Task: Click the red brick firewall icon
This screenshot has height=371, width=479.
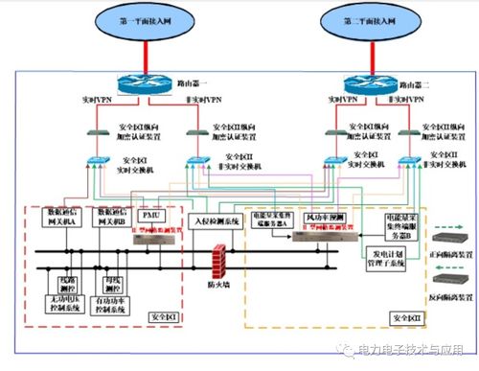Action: [x=217, y=260]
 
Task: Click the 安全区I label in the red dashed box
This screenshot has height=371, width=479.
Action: [x=161, y=316]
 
